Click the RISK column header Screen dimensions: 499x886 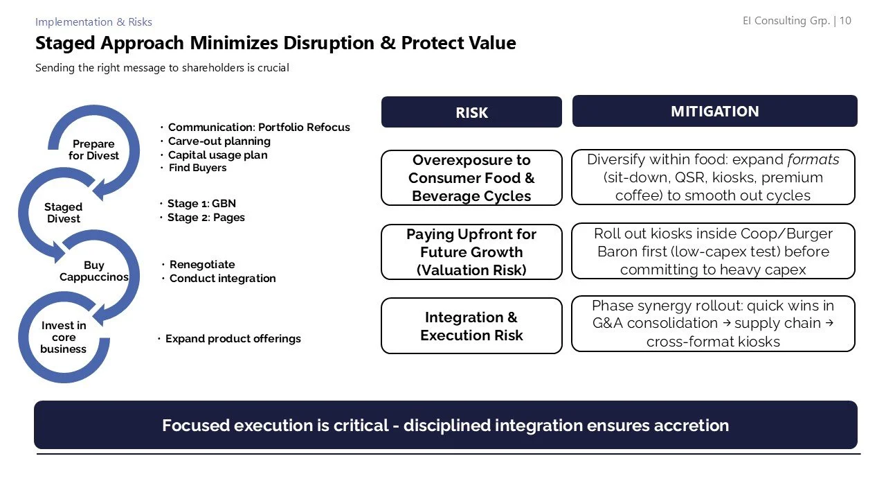tap(471, 112)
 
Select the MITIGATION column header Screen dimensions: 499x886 tap(714, 111)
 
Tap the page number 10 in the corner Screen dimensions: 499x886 tap(845, 21)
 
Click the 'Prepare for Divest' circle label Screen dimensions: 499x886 tap(93, 150)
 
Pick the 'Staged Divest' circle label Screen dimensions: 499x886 tap(63, 213)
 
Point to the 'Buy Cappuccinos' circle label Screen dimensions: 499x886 tap(94, 271)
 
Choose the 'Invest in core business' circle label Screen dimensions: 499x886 tap(64, 338)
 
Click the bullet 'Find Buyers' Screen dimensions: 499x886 tap(197, 168)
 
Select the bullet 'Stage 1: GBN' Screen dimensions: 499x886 tap(201, 204)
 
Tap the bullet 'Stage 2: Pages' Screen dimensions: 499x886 tap(206, 218)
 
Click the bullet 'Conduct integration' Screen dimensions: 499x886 tap(222, 279)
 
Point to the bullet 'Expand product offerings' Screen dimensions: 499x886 tap(233, 339)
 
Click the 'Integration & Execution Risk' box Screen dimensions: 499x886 tap(471, 326)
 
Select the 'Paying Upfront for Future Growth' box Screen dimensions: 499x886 tap(471, 252)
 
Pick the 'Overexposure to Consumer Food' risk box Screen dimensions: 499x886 tap(471, 178)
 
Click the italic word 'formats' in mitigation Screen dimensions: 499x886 tap(813, 159)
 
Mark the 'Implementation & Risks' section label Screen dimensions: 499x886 tap(93, 22)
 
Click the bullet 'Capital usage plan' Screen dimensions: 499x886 tap(217, 155)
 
